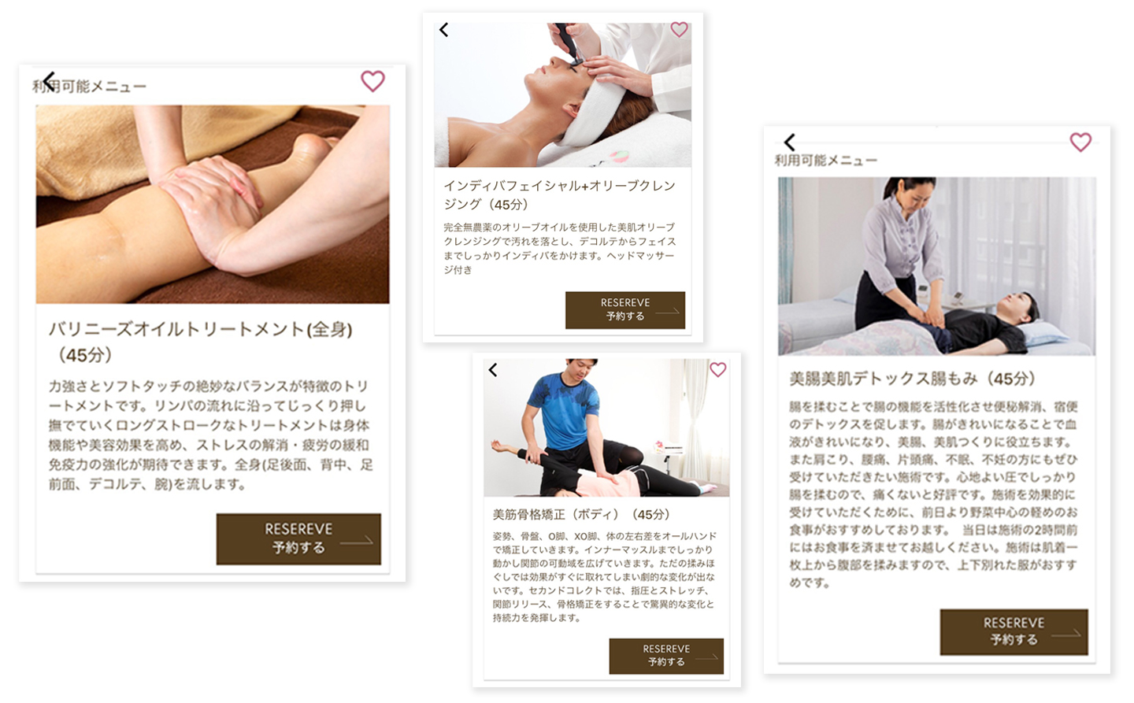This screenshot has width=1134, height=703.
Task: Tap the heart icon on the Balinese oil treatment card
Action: (x=372, y=81)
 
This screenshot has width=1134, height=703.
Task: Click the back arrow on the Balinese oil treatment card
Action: (x=49, y=81)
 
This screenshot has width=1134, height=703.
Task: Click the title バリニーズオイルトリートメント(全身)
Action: (x=201, y=330)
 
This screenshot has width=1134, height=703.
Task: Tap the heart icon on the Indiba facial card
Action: (x=679, y=29)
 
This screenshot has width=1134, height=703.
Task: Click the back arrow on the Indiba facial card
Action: (x=444, y=30)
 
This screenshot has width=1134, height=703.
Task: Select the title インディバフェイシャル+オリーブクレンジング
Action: (x=559, y=195)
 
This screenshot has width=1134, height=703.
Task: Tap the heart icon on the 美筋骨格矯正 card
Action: (x=718, y=369)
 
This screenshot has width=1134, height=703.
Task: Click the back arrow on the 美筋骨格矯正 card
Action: (x=493, y=370)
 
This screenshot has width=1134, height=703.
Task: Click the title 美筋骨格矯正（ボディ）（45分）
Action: (x=581, y=514)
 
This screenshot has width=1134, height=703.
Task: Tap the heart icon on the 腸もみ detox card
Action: (x=1080, y=142)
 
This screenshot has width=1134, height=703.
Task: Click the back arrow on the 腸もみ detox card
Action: (x=790, y=142)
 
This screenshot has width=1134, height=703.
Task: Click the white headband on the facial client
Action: (x=593, y=116)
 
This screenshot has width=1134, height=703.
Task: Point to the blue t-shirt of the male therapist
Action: (x=563, y=410)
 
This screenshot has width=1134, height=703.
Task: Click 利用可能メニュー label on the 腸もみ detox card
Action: (x=826, y=161)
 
